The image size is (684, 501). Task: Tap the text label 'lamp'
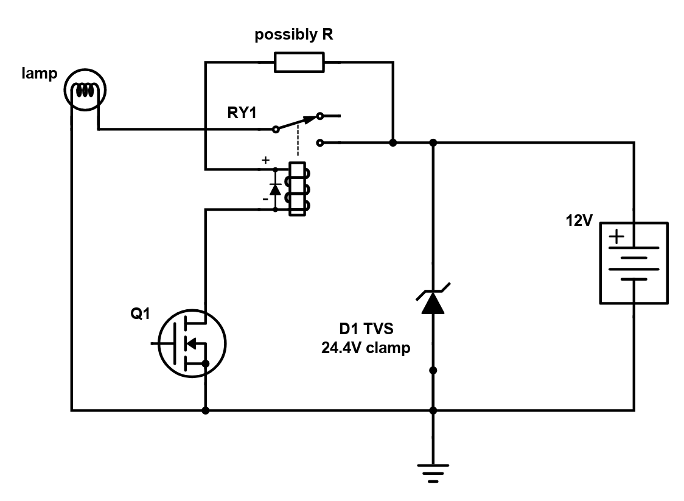click(40, 73)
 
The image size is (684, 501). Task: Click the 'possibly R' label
click(293, 35)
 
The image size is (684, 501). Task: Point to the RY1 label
click(242, 113)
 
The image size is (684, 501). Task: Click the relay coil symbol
click(298, 189)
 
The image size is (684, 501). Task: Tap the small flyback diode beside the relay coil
click(275, 189)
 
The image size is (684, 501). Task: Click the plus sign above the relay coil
click(266, 160)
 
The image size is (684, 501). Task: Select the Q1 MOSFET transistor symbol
click(192, 343)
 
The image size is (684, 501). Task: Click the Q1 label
click(140, 314)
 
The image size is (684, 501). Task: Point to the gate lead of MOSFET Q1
click(162, 343)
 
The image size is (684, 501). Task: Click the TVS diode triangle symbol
click(433, 303)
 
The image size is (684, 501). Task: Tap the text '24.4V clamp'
click(366, 348)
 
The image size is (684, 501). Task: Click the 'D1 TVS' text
click(366, 329)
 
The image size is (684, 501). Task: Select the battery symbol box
click(634, 263)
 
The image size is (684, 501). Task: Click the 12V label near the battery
click(579, 221)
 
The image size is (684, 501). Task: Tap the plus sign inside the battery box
click(617, 237)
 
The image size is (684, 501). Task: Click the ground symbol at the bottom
click(433, 473)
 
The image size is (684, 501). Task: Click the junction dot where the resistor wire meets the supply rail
click(393, 142)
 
